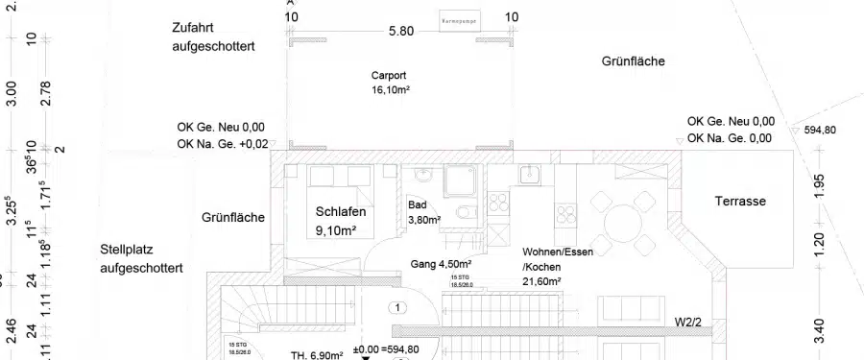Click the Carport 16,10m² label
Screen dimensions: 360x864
pos(391,83)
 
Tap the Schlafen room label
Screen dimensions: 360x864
pos(342,221)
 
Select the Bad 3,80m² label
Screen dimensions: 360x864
pos(424,212)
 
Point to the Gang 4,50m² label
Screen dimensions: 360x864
pos(441,263)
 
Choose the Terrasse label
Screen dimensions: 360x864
pos(740,202)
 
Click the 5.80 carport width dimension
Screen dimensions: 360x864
pos(400,31)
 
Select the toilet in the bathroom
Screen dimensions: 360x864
pos(465,211)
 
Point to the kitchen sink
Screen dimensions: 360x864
pos(530,175)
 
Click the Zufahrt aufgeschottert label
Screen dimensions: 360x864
pos(213,36)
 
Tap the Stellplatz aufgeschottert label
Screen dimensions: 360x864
pos(141,259)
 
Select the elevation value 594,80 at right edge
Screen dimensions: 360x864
pos(820,131)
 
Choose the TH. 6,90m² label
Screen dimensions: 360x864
pos(317,355)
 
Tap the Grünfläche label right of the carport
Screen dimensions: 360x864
pos(633,61)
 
